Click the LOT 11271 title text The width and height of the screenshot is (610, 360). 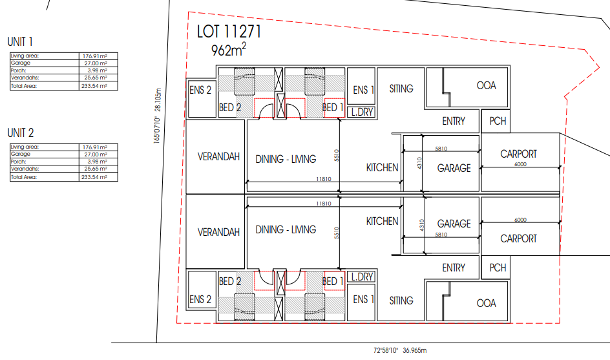coord(229,32)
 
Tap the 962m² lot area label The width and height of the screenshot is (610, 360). coord(229,49)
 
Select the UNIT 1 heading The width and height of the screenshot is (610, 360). coord(20,41)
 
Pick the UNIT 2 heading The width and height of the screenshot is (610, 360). coord(21,132)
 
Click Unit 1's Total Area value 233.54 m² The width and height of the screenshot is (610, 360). coord(94,86)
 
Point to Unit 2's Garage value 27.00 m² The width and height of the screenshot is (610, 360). coord(96,154)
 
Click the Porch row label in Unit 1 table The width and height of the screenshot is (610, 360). coord(18,70)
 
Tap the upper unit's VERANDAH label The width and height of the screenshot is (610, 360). coord(218,156)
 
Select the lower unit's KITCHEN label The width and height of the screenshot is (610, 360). coord(382,221)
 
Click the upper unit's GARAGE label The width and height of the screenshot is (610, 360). coord(454,168)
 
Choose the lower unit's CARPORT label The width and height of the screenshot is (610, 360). coord(519,238)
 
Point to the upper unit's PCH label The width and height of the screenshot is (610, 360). coord(498,121)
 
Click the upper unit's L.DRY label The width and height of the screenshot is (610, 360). coord(362,112)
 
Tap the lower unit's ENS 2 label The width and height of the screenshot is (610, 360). coord(200,299)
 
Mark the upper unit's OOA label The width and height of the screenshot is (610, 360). coord(487,85)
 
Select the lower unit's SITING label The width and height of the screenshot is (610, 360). coord(401,301)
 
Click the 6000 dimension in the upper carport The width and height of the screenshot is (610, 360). coord(520,164)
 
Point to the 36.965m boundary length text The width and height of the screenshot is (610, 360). coord(414,350)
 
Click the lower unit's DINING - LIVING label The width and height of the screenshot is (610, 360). coord(286,229)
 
